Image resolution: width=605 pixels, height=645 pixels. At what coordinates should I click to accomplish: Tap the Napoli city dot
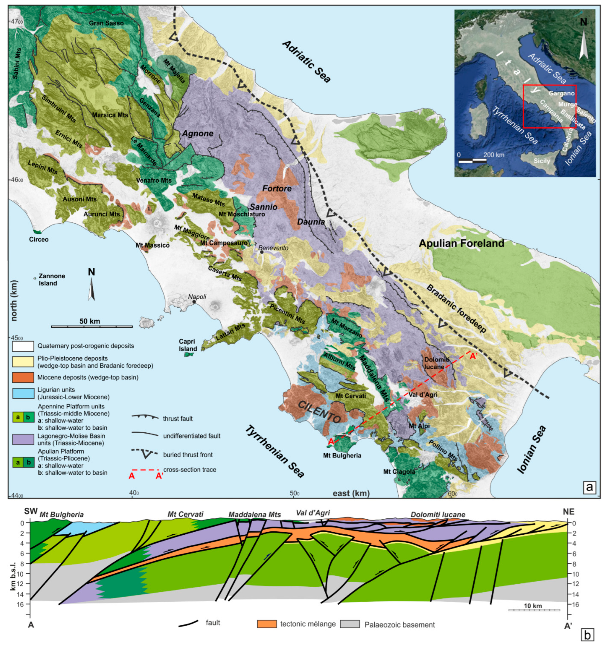pyautogui.click(x=194, y=302)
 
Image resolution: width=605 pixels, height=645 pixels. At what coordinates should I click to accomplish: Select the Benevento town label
pyautogui.click(x=273, y=248)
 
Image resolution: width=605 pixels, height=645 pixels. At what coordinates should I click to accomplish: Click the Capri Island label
pyautogui.click(x=188, y=345)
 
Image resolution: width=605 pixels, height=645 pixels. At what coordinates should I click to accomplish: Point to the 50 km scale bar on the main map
pyautogui.click(x=92, y=326)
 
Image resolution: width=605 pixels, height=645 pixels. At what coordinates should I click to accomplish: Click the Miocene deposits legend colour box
pyautogui.click(x=23, y=377)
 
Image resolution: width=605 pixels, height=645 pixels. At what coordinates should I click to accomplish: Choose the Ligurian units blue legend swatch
pyautogui.click(x=23, y=393)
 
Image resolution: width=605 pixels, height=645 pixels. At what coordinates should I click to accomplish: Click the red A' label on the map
pyautogui.click(x=473, y=356)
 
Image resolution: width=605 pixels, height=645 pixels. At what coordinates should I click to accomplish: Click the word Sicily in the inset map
pyautogui.click(x=542, y=161)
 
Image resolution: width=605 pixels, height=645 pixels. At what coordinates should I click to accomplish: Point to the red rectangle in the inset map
pyautogui.click(x=549, y=106)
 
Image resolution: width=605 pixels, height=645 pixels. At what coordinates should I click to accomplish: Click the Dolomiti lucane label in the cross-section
pyautogui.click(x=438, y=515)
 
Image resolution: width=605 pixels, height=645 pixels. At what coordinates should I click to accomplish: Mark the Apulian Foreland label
pyautogui.click(x=461, y=243)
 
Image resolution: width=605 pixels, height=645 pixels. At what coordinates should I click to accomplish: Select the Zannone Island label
pyautogui.click(x=52, y=280)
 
